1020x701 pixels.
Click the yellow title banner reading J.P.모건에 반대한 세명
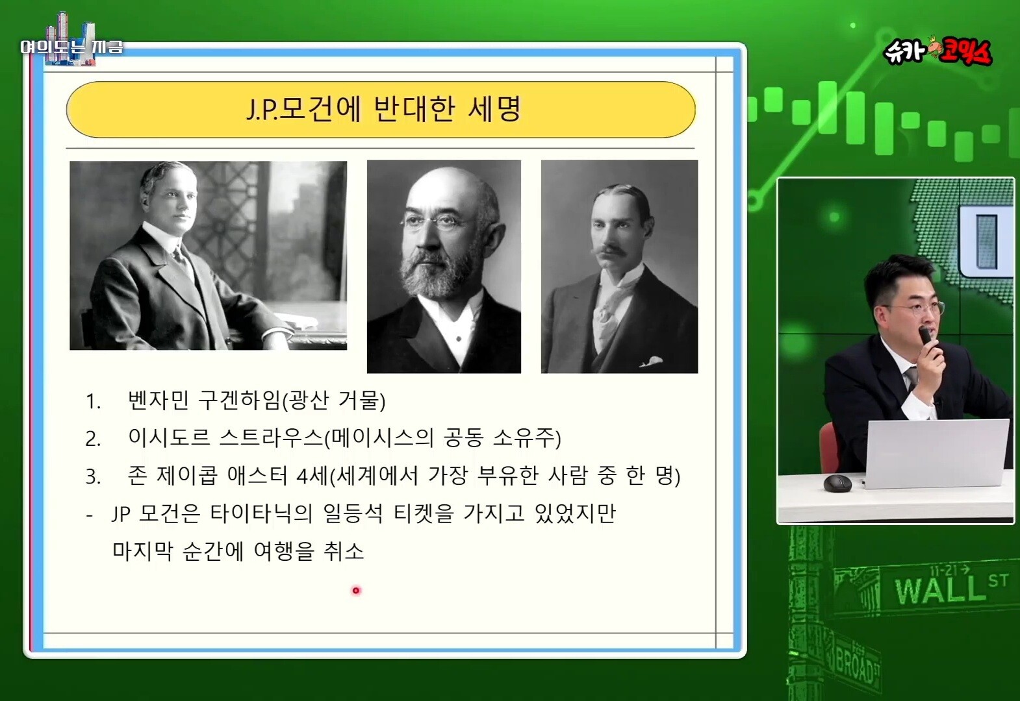pos(381,110)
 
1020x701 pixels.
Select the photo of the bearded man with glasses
pos(444,267)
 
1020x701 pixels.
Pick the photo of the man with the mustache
pos(619,267)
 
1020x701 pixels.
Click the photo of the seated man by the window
pos(208,255)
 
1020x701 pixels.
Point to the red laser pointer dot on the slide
pos(356,591)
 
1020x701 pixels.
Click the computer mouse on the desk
pos(837,483)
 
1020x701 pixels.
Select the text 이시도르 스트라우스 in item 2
pos(225,437)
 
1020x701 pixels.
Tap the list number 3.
pos(92,476)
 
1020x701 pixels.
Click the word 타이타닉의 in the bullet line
pos(261,513)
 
